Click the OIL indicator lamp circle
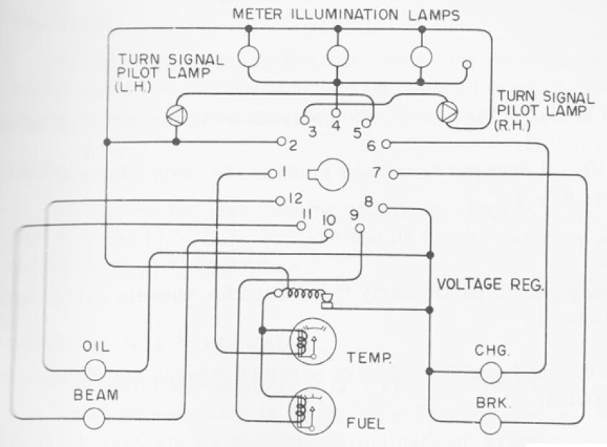pyautogui.click(x=94, y=370)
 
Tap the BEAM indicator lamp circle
pyautogui.click(x=94, y=417)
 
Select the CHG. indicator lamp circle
pyautogui.click(x=490, y=372)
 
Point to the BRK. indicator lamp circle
pyautogui.click(x=490, y=422)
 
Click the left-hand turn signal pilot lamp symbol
pyautogui.click(x=175, y=114)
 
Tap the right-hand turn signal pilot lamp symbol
pyautogui.click(x=446, y=112)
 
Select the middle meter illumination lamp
pyautogui.click(x=337, y=56)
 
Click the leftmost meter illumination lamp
pyautogui.click(x=248, y=56)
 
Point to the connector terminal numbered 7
pyautogui.click(x=392, y=174)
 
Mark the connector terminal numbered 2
pyautogui.click(x=281, y=142)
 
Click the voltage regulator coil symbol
pyautogui.click(x=301, y=294)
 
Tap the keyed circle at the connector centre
pyautogui.click(x=331, y=173)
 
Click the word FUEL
pyautogui.click(x=366, y=423)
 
